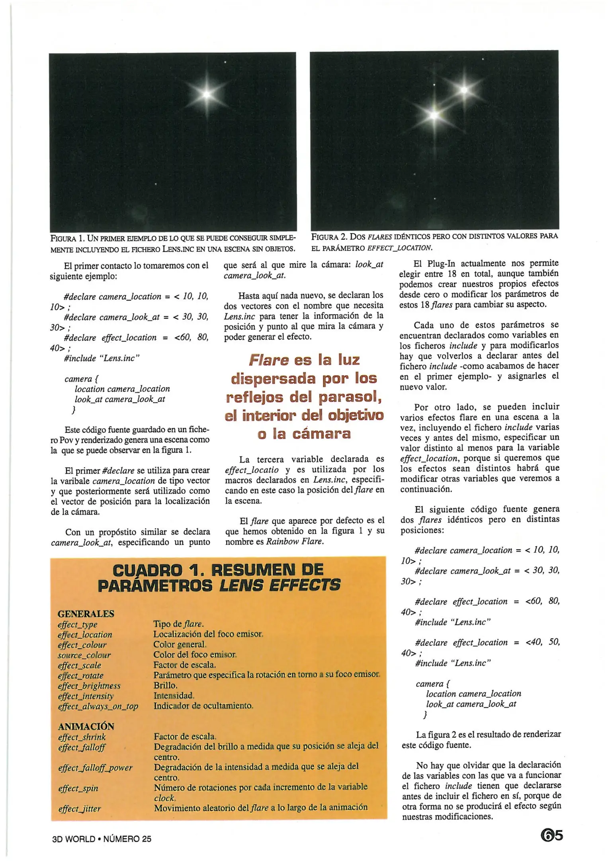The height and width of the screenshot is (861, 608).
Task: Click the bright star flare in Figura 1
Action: tap(207, 94)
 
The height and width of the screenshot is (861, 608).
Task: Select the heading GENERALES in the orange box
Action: tap(86, 613)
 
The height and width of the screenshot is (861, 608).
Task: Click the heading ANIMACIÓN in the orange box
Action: tap(86, 726)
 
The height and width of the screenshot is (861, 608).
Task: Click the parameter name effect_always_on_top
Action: tap(98, 706)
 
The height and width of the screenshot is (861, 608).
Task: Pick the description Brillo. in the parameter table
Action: tap(165, 685)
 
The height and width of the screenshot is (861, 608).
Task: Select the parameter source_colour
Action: tap(84, 655)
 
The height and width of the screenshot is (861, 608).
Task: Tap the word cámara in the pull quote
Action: tap(321, 433)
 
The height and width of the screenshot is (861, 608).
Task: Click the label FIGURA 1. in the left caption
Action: tap(67, 238)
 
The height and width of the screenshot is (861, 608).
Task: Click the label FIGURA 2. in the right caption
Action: tap(329, 236)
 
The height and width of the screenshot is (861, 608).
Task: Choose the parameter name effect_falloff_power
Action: tap(95, 767)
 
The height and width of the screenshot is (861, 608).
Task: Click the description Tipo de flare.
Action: tap(178, 624)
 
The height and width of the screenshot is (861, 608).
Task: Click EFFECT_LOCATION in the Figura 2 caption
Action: tap(399, 248)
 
